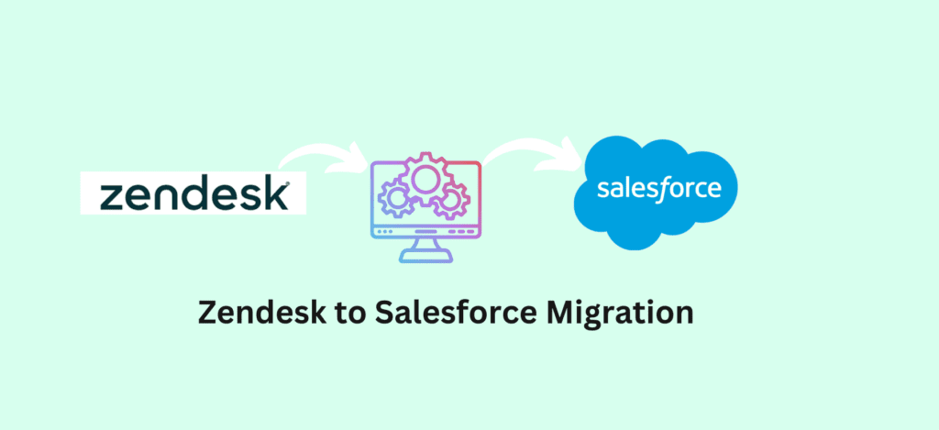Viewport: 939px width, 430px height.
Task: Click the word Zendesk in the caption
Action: [251, 314]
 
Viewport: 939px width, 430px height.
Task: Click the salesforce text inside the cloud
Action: [658, 187]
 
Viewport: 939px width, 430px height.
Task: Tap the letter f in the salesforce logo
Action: [661, 189]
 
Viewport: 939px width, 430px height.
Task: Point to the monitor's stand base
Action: [425, 258]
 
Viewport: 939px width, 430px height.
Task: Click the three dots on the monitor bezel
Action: [384, 231]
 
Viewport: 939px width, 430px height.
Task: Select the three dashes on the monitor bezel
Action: [462, 231]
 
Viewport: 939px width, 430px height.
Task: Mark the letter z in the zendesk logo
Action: [112, 198]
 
